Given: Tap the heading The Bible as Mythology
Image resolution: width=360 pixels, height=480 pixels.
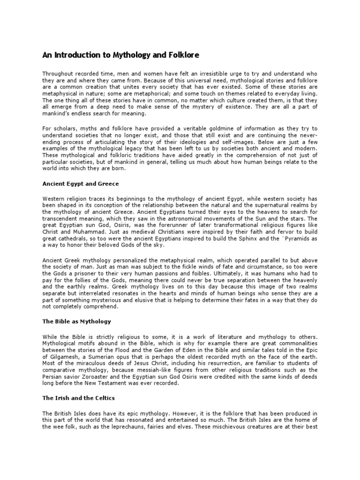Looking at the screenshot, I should (77, 322).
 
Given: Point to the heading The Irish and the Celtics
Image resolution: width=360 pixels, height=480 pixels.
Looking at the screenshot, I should (79, 398).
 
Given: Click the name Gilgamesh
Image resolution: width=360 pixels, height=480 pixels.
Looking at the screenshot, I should (60, 356).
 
